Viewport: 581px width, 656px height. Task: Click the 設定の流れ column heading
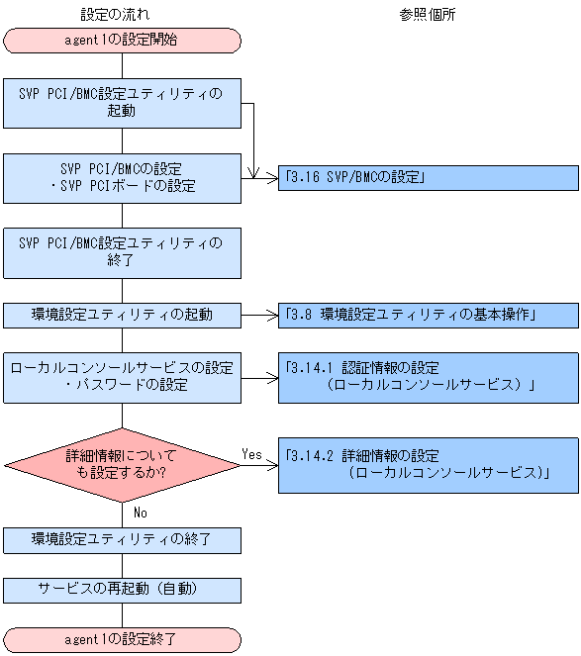pos(122,15)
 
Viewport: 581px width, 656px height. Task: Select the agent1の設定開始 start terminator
pos(122,41)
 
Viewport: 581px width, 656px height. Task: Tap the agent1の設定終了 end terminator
pos(122,639)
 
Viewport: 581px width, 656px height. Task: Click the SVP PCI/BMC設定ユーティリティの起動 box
pos(122,103)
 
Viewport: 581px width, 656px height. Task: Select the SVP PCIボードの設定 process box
pos(122,178)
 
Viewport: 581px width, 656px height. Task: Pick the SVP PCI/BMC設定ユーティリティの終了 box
pos(122,254)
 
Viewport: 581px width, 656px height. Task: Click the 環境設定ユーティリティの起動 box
pos(122,316)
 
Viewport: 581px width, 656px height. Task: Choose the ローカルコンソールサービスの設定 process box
pos(122,377)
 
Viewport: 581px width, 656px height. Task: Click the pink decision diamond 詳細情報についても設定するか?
pos(122,465)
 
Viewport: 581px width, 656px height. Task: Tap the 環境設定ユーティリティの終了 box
pos(122,540)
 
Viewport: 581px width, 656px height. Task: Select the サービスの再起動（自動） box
pos(122,590)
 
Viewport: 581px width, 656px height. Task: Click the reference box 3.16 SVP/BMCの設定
pos(428,178)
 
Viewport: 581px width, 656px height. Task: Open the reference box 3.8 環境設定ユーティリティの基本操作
pos(428,316)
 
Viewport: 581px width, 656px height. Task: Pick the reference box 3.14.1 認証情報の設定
pos(428,377)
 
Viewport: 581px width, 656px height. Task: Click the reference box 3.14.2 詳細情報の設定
pos(428,465)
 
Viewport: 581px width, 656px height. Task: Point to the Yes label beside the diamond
pos(252,453)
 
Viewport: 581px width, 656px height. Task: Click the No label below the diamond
pos(140,513)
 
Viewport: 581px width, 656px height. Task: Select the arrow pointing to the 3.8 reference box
pos(259,316)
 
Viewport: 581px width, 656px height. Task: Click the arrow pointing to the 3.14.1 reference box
pos(259,377)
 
